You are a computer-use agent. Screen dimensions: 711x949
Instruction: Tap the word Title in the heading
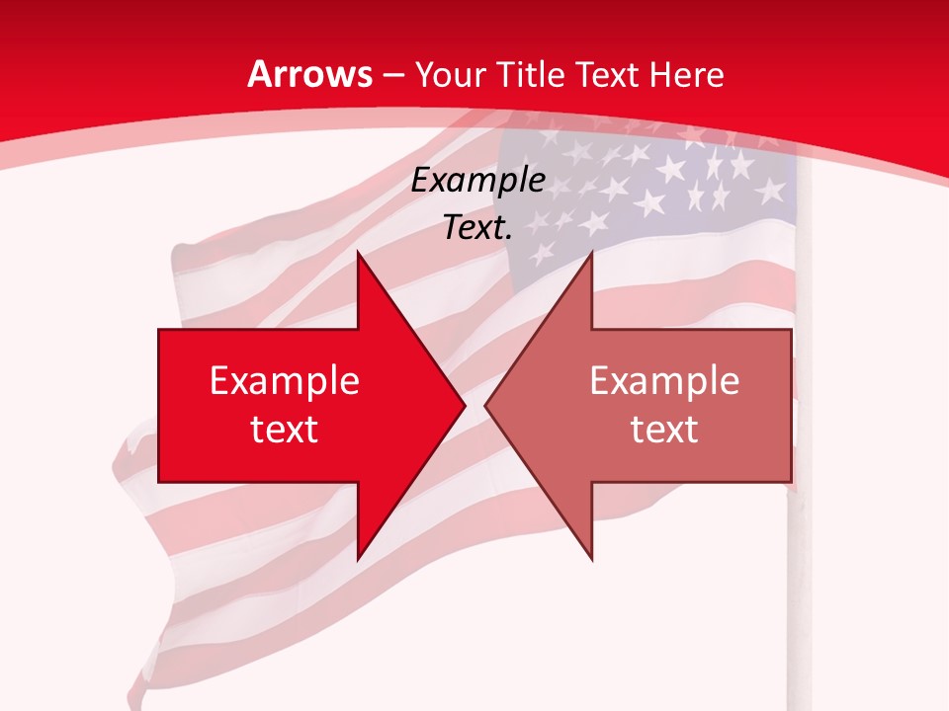(530, 74)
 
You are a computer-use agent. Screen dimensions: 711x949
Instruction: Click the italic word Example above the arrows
(478, 180)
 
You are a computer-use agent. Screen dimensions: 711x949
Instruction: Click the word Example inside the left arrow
(285, 380)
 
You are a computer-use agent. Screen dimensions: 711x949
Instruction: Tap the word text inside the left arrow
(285, 429)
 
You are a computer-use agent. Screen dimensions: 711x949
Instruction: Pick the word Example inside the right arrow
(664, 380)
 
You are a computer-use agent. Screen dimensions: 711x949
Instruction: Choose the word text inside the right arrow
(664, 429)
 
